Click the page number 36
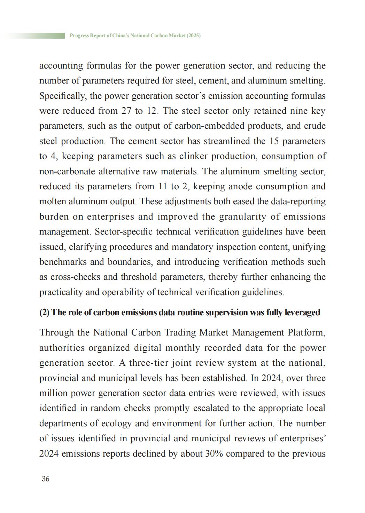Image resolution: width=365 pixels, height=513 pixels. [x=45, y=479]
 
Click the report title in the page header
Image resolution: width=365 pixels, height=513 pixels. [x=135, y=35]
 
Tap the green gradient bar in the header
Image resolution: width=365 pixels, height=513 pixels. [x=35, y=35]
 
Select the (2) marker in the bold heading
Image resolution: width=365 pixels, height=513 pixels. [x=44, y=312]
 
